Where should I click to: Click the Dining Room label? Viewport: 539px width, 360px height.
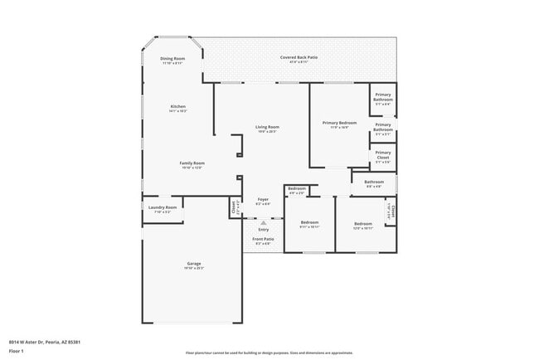tap(172, 58)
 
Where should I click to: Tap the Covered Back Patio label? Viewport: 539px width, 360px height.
tap(299, 57)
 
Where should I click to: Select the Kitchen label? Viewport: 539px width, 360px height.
tap(177, 106)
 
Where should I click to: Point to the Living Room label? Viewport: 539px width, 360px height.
tap(266, 127)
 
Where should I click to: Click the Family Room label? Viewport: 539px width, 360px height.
tap(192, 163)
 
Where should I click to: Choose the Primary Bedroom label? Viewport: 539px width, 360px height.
tap(339, 123)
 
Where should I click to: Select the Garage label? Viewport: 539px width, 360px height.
tap(192, 264)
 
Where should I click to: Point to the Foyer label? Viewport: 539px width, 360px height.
tap(263, 200)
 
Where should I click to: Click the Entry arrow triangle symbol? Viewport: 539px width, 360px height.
tap(263, 222)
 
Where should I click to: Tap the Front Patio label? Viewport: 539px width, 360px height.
tap(263, 239)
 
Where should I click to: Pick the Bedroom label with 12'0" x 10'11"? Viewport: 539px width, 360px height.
tap(363, 223)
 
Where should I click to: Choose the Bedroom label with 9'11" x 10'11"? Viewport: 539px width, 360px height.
tap(309, 222)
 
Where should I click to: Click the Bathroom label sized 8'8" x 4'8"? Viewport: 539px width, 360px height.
tap(374, 182)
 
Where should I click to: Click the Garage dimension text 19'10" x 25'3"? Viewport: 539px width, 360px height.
tap(192, 269)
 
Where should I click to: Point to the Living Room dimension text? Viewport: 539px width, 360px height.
tap(266, 132)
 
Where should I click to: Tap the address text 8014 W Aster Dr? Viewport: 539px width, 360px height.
tap(45, 342)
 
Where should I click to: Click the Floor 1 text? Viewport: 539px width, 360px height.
tap(17, 352)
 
